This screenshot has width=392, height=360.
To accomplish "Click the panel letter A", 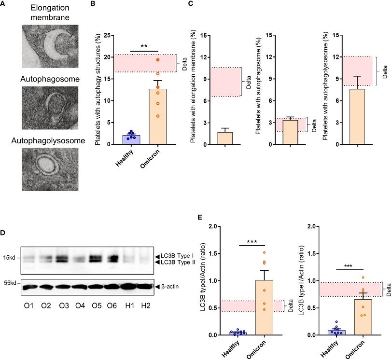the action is point(2,3).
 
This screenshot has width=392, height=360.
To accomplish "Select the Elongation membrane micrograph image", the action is point(50,46).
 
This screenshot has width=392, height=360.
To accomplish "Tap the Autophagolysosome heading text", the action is point(48,140).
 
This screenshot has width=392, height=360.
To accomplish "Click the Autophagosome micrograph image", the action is point(50,108).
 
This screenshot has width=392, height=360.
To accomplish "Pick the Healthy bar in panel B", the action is point(131,139).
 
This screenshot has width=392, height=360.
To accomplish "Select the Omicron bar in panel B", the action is point(158,116).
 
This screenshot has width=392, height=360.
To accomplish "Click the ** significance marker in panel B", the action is point(144,46).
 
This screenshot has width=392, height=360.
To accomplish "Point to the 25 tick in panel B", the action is point(107,35).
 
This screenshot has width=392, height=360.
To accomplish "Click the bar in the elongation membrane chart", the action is point(225,138).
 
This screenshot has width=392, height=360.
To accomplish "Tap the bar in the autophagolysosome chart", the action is point(357,117).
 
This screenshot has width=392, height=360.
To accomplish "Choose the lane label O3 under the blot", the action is point(64,306).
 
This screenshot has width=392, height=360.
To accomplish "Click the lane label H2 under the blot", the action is point(146,306).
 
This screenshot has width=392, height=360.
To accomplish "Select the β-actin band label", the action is point(170,287).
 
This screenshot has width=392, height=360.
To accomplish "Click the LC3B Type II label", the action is point(178,263).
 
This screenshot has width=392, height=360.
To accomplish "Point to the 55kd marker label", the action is point(10,283).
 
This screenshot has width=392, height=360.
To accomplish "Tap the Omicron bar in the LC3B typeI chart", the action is point(264,307).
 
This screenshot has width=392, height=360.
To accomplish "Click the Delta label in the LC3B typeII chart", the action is point(389,290).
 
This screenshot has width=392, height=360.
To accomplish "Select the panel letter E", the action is point(200,217).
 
